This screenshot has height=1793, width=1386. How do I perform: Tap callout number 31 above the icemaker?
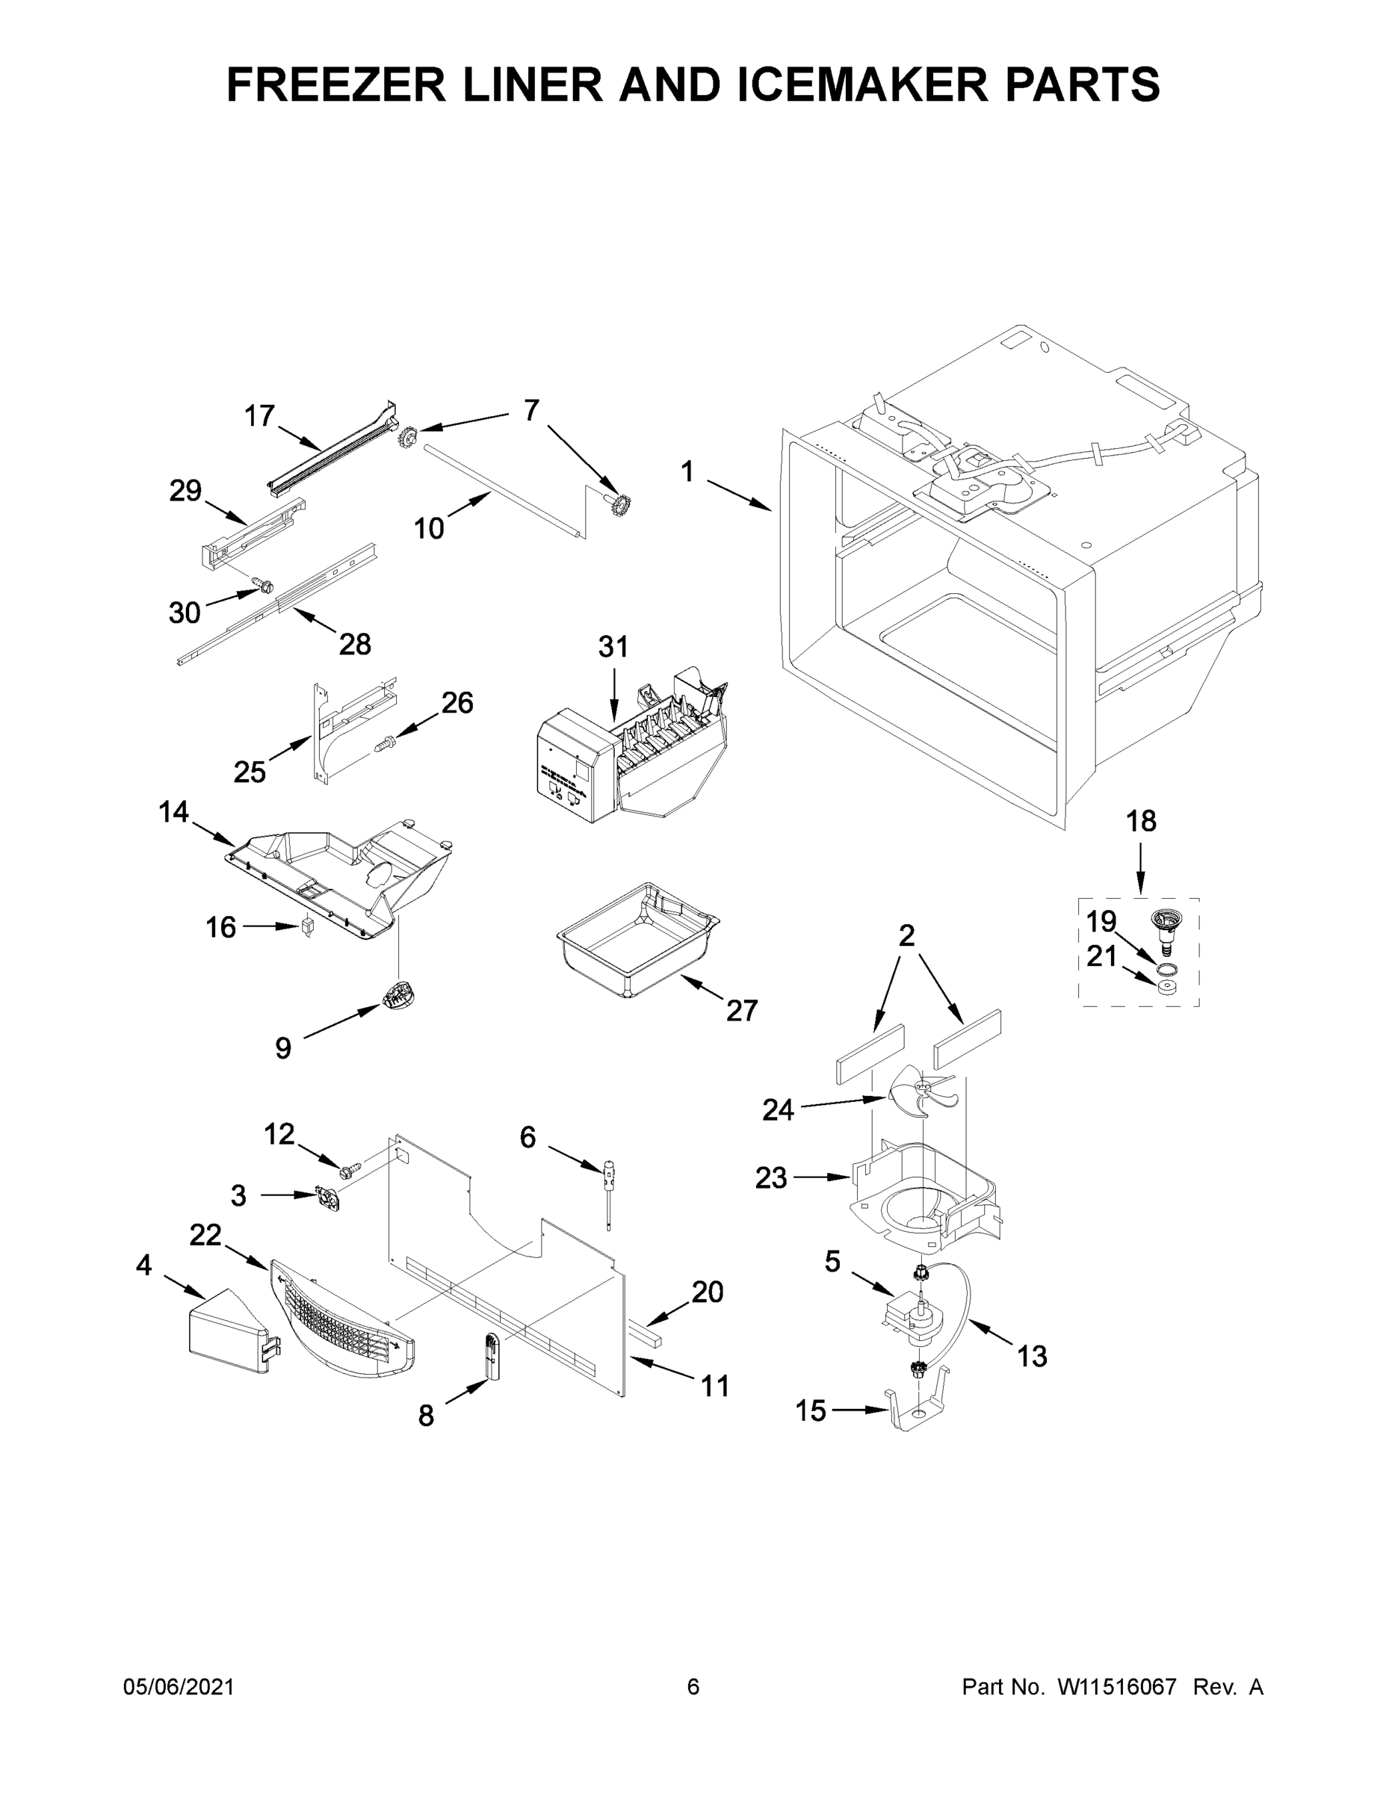(x=613, y=647)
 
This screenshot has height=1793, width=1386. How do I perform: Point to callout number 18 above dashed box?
(x=1140, y=821)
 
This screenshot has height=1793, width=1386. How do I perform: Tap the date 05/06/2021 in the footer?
(x=178, y=1687)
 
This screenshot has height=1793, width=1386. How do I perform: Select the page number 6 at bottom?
(x=693, y=1687)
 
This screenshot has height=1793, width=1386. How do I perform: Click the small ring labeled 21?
(x=1163, y=986)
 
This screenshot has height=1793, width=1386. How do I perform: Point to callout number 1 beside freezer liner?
(x=687, y=472)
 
